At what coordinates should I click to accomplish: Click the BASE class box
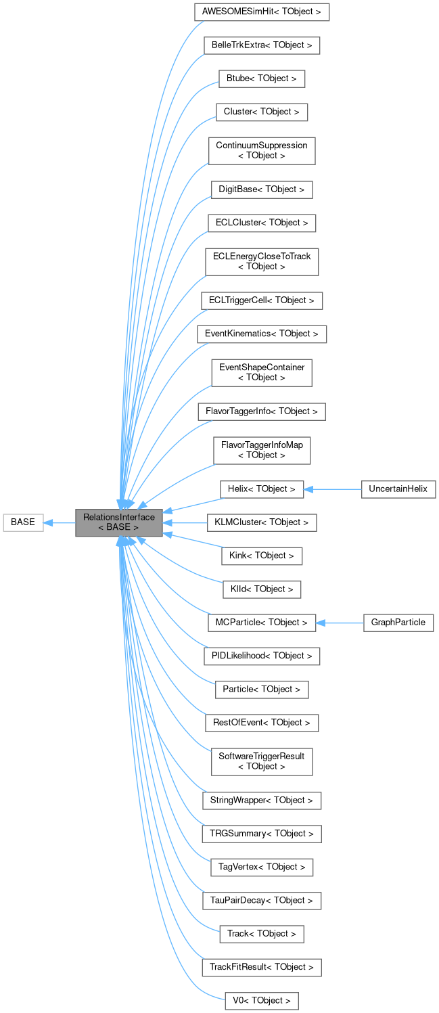click(x=23, y=522)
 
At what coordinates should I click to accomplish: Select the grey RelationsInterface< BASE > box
click(x=119, y=522)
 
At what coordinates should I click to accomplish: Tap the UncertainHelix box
click(x=398, y=489)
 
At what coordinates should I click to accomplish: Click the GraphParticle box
click(x=398, y=622)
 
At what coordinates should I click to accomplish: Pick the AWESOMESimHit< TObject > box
click(x=261, y=12)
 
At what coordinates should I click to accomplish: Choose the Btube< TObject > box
click(x=261, y=78)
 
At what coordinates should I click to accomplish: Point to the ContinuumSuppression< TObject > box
click(x=261, y=150)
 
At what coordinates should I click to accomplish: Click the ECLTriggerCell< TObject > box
click(x=261, y=300)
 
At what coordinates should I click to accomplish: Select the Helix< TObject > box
click(x=261, y=489)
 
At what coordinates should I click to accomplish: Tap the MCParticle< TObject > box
click(x=261, y=622)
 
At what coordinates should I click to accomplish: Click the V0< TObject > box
click(x=261, y=1000)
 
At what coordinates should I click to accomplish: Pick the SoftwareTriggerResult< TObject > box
click(x=261, y=761)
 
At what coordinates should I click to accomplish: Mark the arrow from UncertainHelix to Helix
click(x=332, y=489)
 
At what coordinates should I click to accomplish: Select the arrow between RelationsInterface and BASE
click(x=60, y=522)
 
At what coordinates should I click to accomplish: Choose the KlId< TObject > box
click(x=261, y=589)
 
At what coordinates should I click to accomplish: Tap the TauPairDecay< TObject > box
click(x=261, y=901)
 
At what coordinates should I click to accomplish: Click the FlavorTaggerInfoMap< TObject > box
click(x=261, y=450)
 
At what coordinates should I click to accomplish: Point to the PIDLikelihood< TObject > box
click(x=261, y=656)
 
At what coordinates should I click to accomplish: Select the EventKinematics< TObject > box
click(x=261, y=334)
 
